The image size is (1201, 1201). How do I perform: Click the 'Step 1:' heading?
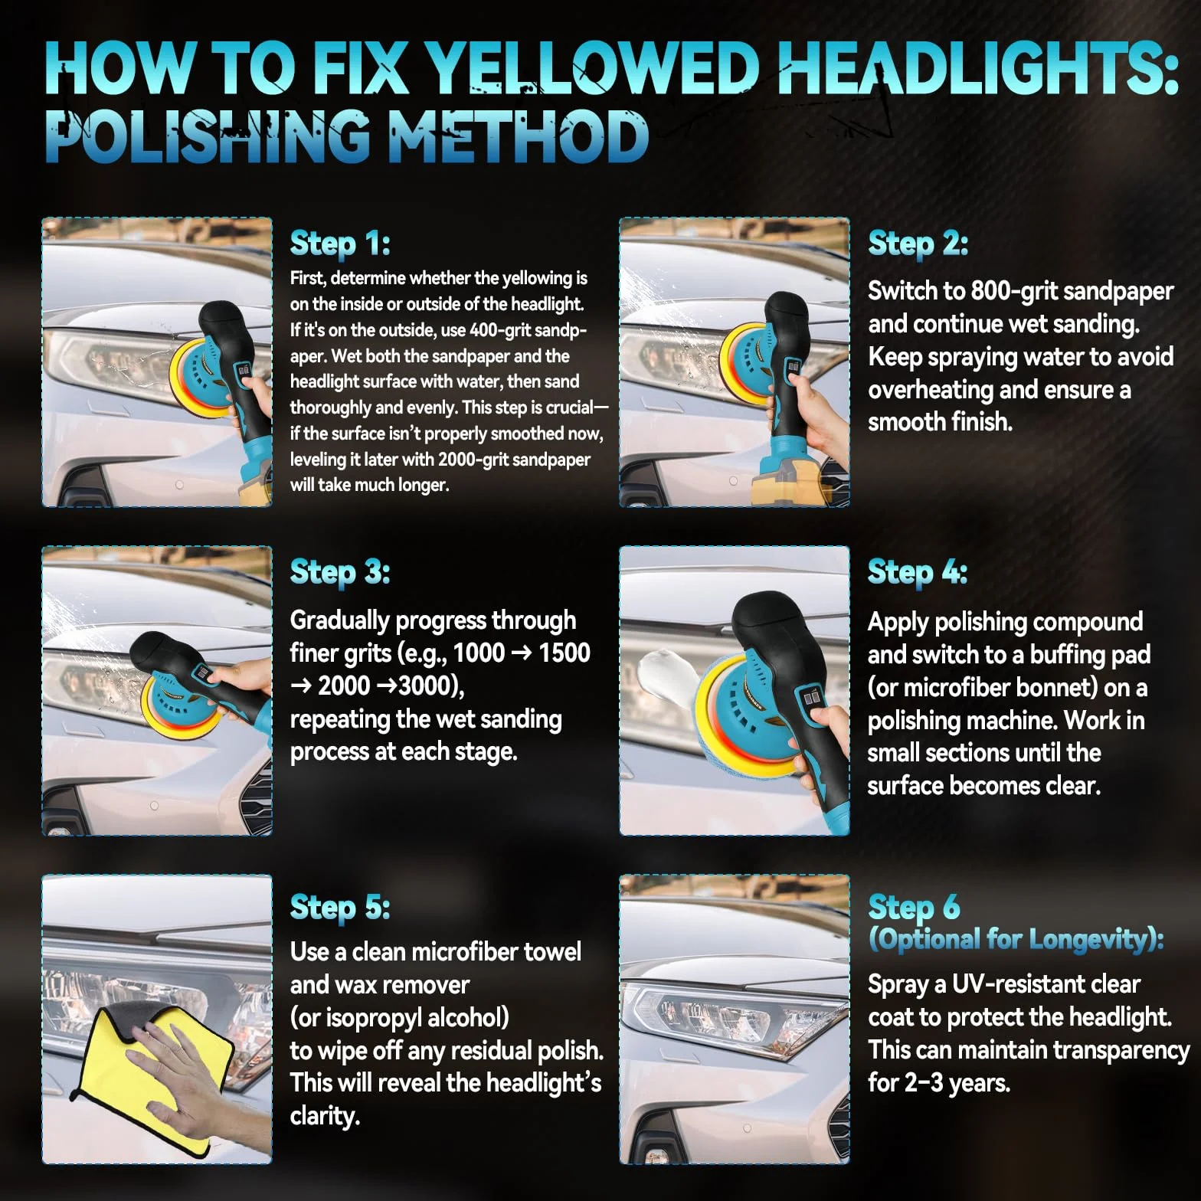340,244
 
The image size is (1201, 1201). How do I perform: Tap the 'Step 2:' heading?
918,244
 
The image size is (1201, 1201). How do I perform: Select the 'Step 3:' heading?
340,572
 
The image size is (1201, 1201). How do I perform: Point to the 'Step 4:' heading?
918,572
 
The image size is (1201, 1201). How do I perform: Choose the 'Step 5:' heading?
340,908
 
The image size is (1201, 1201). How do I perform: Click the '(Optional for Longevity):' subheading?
1016,939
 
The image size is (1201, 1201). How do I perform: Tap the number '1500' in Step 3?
565,653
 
